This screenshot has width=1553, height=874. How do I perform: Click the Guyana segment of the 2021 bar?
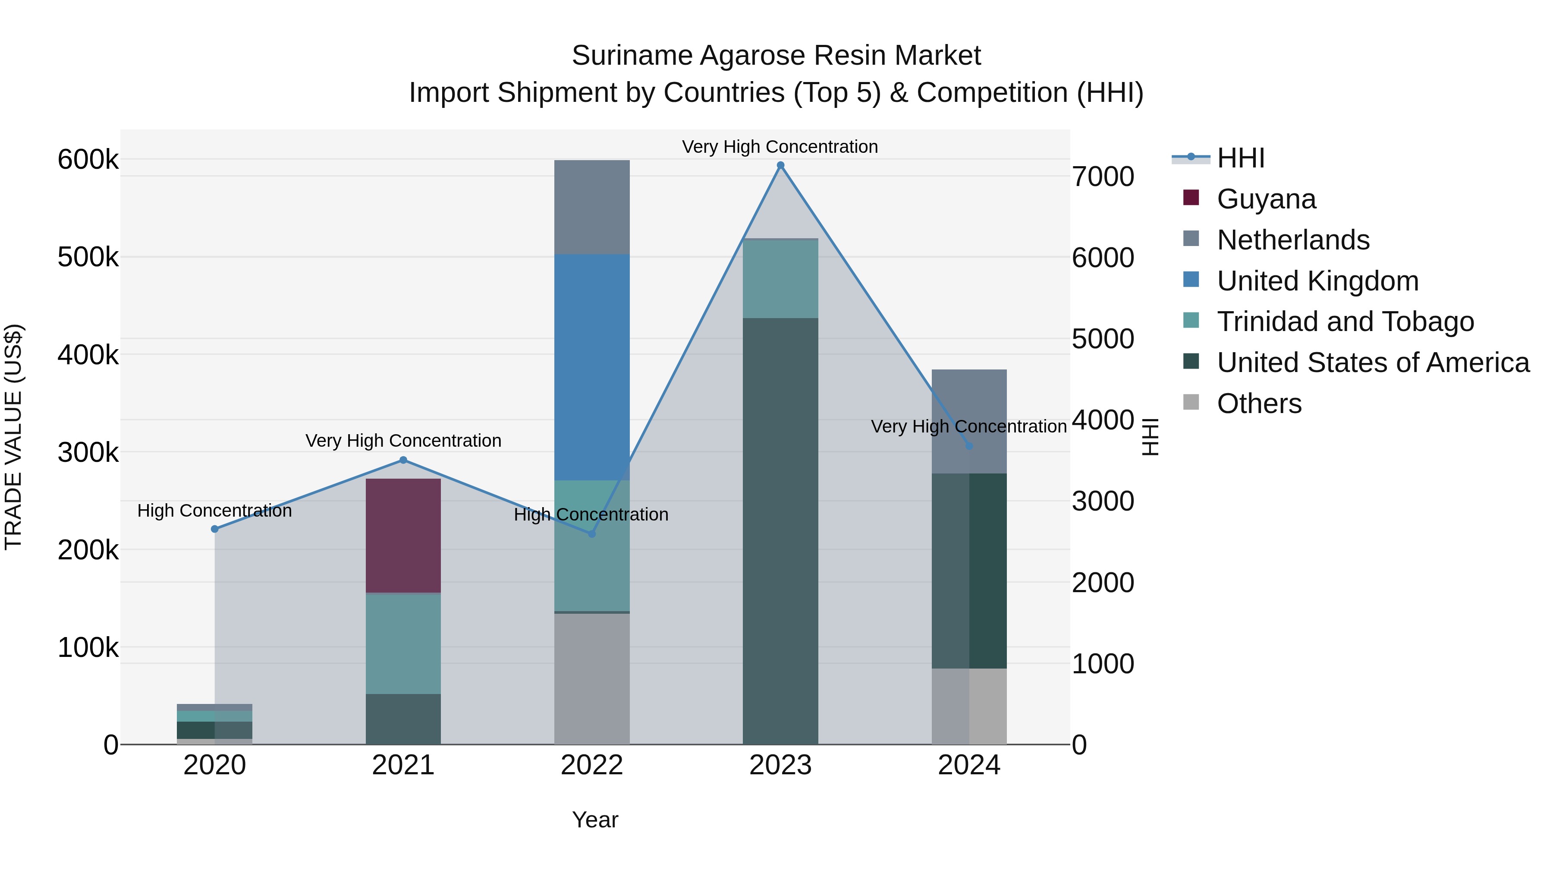click(x=403, y=536)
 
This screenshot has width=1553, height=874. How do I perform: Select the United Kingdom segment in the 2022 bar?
click(x=591, y=367)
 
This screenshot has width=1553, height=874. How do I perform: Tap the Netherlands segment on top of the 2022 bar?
click(x=591, y=207)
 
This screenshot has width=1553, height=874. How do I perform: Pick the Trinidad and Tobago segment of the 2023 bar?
click(x=780, y=279)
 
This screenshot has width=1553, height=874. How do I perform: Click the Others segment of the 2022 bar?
click(x=591, y=678)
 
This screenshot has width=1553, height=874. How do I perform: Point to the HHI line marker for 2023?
click(x=780, y=165)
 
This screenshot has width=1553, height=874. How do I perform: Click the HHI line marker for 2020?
click(x=215, y=529)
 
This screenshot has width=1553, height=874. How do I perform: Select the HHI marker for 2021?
click(x=403, y=460)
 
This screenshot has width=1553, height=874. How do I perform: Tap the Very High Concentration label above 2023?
click(x=780, y=147)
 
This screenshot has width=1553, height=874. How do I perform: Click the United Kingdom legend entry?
click(x=1317, y=281)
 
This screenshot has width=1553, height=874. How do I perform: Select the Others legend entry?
click(x=1259, y=404)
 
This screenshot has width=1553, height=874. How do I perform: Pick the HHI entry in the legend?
click(x=1240, y=158)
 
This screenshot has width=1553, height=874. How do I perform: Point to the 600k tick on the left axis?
click(x=88, y=160)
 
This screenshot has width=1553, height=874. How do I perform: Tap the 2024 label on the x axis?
click(x=969, y=765)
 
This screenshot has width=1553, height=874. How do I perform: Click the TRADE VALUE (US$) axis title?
click(x=13, y=437)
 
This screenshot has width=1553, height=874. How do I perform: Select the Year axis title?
click(x=595, y=820)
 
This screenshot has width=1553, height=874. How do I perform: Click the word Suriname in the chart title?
click(x=631, y=56)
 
